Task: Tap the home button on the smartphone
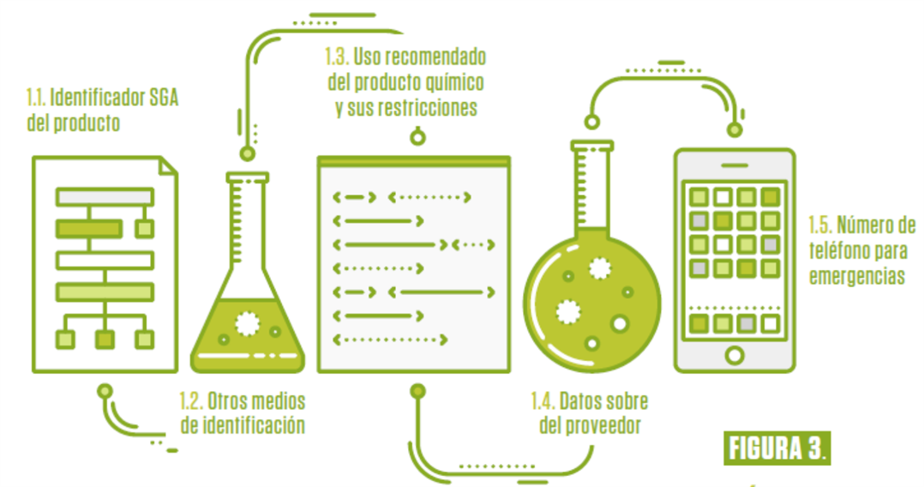pos(735,354)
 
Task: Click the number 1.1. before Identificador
pos(36,97)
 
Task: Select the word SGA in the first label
pos(163,97)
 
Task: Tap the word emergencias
pos(856,277)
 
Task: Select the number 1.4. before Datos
pos(543,401)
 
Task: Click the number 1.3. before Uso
pos(334,58)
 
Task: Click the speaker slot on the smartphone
pos(734,165)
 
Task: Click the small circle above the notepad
pos(417,136)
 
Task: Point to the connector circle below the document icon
pos(105,392)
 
